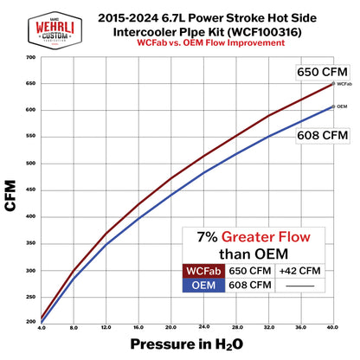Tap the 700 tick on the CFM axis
[30, 58]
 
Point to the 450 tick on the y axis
[30, 190]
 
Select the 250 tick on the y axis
[30, 296]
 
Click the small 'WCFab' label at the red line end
[344, 85]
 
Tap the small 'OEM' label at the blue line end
[341, 106]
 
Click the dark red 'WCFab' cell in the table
[199, 272]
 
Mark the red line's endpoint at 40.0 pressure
[333, 84]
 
